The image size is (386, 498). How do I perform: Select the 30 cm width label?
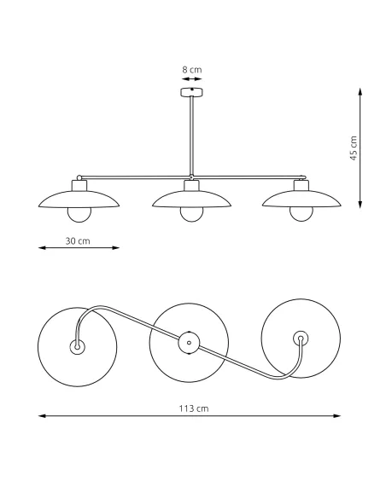coord(78,240)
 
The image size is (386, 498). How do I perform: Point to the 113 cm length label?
coord(196,408)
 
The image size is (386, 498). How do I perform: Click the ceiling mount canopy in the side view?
coord(191,91)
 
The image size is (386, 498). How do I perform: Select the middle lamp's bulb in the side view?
coord(191,213)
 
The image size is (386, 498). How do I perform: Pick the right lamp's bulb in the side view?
coord(301,213)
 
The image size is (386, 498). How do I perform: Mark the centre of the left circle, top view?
coord(77,347)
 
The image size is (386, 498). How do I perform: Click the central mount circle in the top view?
coord(188,345)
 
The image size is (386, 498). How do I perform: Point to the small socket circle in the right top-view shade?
coord(300,338)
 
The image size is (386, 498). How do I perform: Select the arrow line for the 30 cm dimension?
coord(79,248)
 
